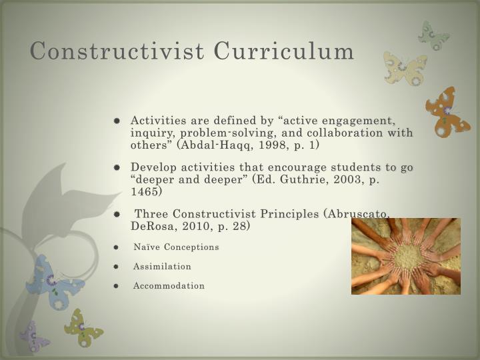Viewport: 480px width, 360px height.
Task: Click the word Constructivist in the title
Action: pyautogui.click(x=115, y=51)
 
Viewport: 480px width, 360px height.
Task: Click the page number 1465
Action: pyautogui.click(x=146, y=191)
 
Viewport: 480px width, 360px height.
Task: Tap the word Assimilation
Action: pyautogui.click(x=162, y=266)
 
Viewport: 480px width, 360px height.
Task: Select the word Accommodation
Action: pyautogui.click(x=169, y=285)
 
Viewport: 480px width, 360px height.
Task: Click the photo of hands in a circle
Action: pyautogui.click(x=405, y=256)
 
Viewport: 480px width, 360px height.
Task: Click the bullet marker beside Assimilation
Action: pyautogui.click(x=116, y=266)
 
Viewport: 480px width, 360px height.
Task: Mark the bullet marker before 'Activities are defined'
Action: pyautogui.click(x=116, y=121)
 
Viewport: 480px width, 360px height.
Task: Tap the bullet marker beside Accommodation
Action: pyautogui.click(x=116, y=285)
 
